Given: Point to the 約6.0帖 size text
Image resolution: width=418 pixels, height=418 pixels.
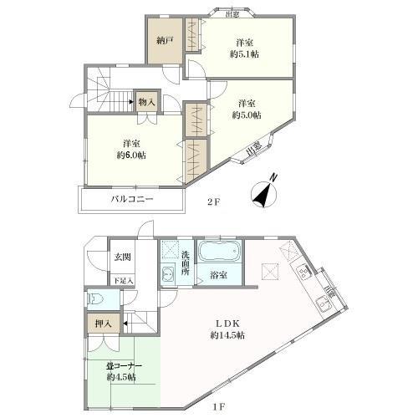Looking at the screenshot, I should pos(131,155).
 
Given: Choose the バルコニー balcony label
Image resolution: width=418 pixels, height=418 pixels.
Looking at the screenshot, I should pos(131,199).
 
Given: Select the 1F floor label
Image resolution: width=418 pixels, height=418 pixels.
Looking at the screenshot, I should pos(215,407).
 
